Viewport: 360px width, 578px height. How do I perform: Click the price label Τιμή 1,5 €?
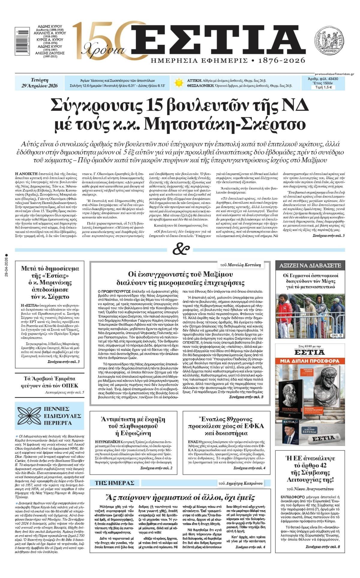pyautogui.click(x=323, y=87)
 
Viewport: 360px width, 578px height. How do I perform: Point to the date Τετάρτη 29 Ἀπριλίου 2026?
pyautogui.click(x=40, y=83)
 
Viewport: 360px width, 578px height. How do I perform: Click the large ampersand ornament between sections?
pyautogui.click(x=181, y=249)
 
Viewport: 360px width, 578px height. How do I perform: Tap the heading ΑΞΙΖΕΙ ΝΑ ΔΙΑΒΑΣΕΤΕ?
pyautogui.click(x=310, y=266)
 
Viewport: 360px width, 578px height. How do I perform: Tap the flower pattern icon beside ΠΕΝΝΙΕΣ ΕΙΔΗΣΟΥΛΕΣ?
pyautogui.click(x=29, y=416)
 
